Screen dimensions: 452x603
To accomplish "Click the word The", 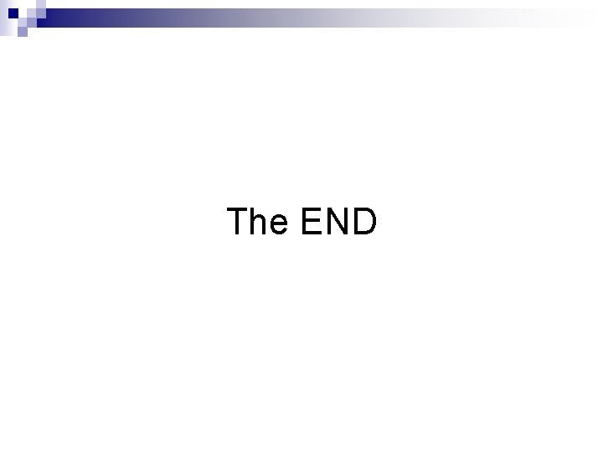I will pos(257,222).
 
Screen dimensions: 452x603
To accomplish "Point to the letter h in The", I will pos(260,223).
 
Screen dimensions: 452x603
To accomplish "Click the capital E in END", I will pos(310,222).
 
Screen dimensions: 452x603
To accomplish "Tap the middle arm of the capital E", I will pos(309,221).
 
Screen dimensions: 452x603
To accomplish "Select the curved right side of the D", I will pos(374,222).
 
